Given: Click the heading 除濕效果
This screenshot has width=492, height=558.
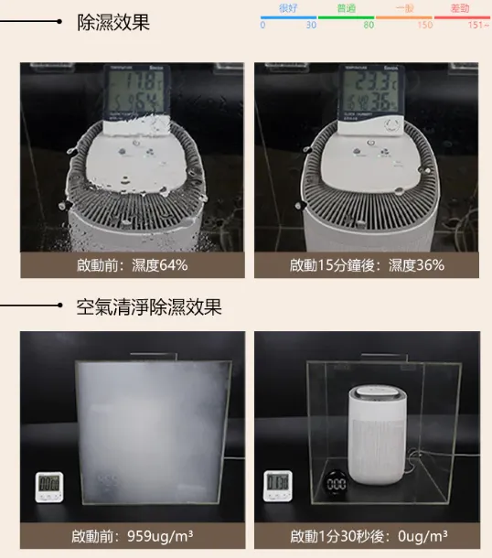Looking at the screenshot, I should (x=113, y=22).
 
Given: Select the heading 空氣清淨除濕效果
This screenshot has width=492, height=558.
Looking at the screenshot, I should (x=149, y=306).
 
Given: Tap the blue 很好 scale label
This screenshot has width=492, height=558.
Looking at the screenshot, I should (x=288, y=7).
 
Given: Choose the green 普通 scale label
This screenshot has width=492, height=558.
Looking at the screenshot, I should (x=347, y=7).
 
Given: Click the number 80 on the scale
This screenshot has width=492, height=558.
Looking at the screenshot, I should (x=368, y=26).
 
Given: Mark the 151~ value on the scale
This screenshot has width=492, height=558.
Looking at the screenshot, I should (x=478, y=26).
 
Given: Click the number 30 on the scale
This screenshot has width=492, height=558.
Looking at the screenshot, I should (x=311, y=26).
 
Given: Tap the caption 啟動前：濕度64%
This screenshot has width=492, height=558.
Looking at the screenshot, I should (x=133, y=265).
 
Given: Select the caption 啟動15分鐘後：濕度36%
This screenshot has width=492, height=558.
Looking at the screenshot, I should (x=367, y=265).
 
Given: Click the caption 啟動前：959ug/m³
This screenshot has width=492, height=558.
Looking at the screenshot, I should (x=133, y=535).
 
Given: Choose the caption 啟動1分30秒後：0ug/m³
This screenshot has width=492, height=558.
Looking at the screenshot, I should (x=368, y=535).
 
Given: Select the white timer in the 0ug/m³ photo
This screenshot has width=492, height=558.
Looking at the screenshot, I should (x=278, y=485).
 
